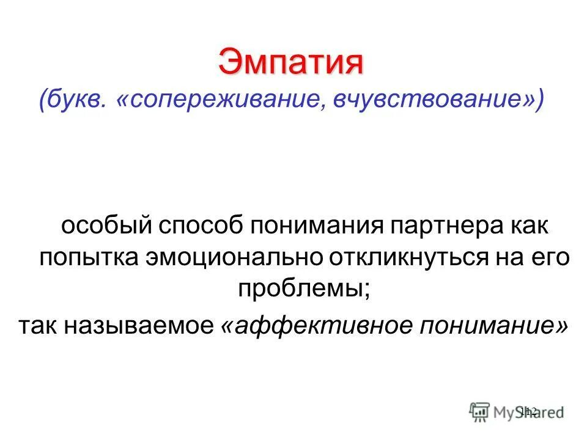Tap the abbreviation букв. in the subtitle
(x=72, y=99)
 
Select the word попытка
(x=87, y=258)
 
